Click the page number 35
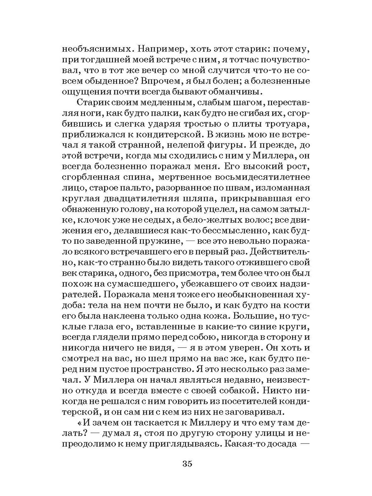(x=186, y=463)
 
